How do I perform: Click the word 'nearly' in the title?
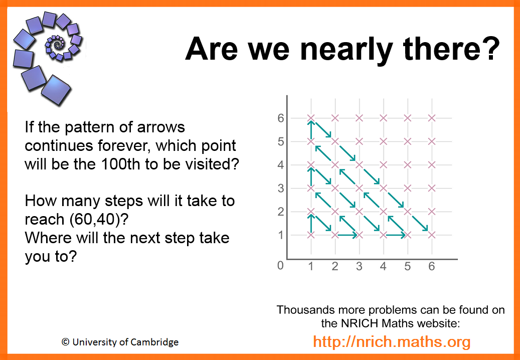click(x=343, y=50)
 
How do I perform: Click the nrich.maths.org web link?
click(x=392, y=341)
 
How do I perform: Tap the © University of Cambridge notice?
click(x=120, y=342)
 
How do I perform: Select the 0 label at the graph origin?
click(x=281, y=266)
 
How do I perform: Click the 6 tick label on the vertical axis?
click(x=281, y=118)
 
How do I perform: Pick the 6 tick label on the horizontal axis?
click(x=431, y=266)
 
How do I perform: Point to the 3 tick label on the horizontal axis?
click(x=359, y=266)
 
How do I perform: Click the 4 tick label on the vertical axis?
click(x=281, y=165)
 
